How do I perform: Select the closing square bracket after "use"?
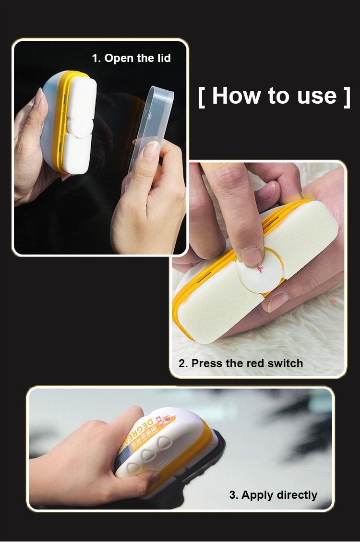(x=347, y=96)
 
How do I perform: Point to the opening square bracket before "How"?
(x=202, y=96)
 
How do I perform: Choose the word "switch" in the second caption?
(x=285, y=363)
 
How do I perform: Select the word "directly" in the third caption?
(x=298, y=495)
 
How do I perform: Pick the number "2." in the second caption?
(x=183, y=363)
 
